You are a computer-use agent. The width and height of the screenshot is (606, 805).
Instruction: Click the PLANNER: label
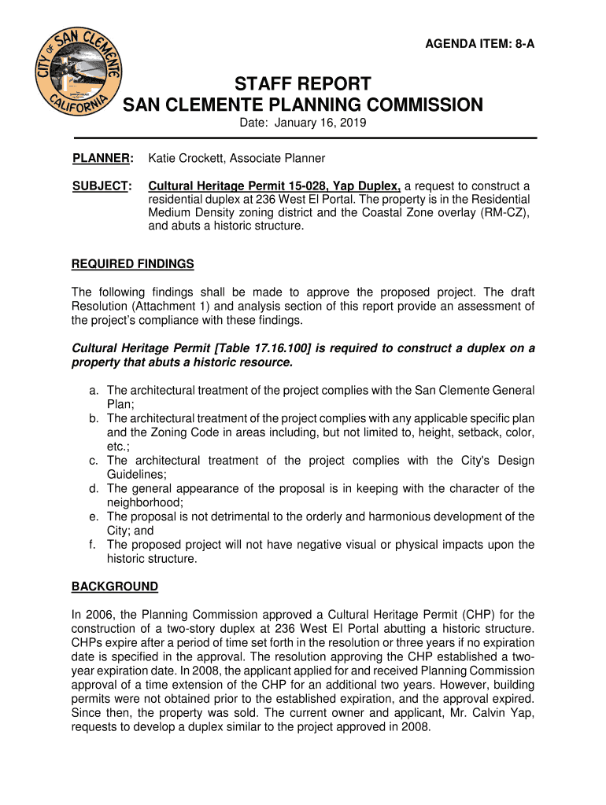pos(102,158)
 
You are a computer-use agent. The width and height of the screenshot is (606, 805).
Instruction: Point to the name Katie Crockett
pos(183,158)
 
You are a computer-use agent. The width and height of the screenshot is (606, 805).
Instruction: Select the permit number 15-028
pos(289,186)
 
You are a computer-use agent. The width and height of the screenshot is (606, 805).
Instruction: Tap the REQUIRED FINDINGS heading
pos(133,263)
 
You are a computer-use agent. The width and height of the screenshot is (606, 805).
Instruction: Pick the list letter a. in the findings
pos(94,390)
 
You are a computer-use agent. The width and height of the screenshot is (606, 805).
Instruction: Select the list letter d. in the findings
pos(94,488)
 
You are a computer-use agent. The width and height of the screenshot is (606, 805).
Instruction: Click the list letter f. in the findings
pos(94,545)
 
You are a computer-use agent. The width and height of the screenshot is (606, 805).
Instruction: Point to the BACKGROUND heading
pos(115,586)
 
